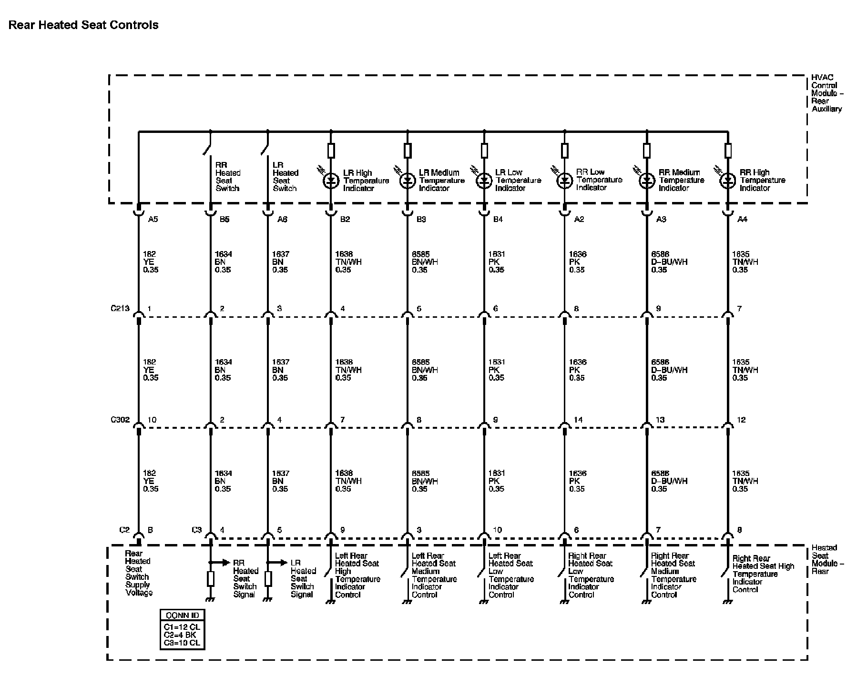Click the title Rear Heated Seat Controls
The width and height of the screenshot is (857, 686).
tap(83, 25)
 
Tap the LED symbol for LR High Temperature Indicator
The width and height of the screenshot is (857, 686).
tap(331, 181)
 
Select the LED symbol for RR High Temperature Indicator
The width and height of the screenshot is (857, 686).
tap(727, 181)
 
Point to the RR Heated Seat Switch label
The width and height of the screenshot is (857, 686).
tap(227, 177)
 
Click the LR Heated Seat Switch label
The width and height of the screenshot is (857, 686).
tap(285, 177)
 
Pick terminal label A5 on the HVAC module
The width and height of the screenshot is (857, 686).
tap(153, 220)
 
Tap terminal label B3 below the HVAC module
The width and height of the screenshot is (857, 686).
tap(421, 220)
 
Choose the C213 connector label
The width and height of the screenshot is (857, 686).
tap(120, 308)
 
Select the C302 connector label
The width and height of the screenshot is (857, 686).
tap(120, 420)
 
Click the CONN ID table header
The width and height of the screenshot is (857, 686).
tap(183, 615)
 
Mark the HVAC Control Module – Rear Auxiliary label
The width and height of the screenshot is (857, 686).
tap(826, 93)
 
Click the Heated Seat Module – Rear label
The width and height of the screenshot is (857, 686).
tap(827, 559)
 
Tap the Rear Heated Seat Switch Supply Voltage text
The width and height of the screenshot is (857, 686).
tap(138, 573)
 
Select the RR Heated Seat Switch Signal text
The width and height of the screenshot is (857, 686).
tap(245, 578)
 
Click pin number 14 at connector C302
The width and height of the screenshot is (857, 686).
tap(578, 420)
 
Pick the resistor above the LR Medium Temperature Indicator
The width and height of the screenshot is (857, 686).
tap(408, 151)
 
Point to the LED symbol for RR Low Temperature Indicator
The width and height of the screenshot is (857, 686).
tap(565, 181)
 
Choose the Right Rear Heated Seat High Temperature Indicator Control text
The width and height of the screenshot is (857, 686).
tap(763, 574)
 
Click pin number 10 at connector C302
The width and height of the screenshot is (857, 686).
tap(152, 420)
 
